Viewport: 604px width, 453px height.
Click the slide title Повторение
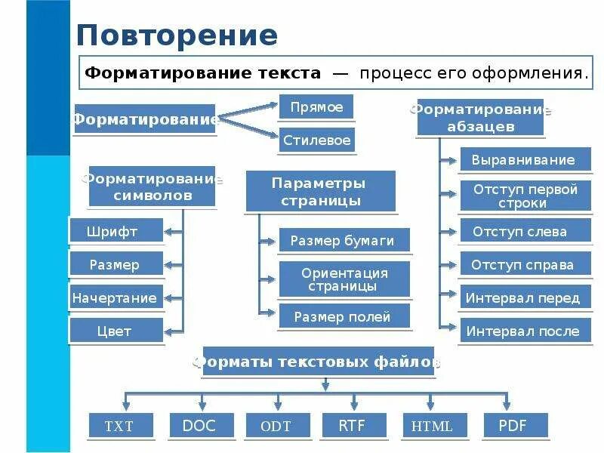177,35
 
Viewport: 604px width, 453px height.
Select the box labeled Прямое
316,107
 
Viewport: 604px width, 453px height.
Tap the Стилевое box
316,140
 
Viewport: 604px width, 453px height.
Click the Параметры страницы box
320,191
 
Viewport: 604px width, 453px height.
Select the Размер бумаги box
344,241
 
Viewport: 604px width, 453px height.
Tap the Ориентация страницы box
344,279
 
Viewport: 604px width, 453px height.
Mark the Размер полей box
344,317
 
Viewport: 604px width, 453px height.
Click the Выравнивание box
525,160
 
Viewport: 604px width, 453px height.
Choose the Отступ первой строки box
525,196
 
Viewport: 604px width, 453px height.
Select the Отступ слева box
525,231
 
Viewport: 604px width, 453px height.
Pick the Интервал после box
525,331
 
